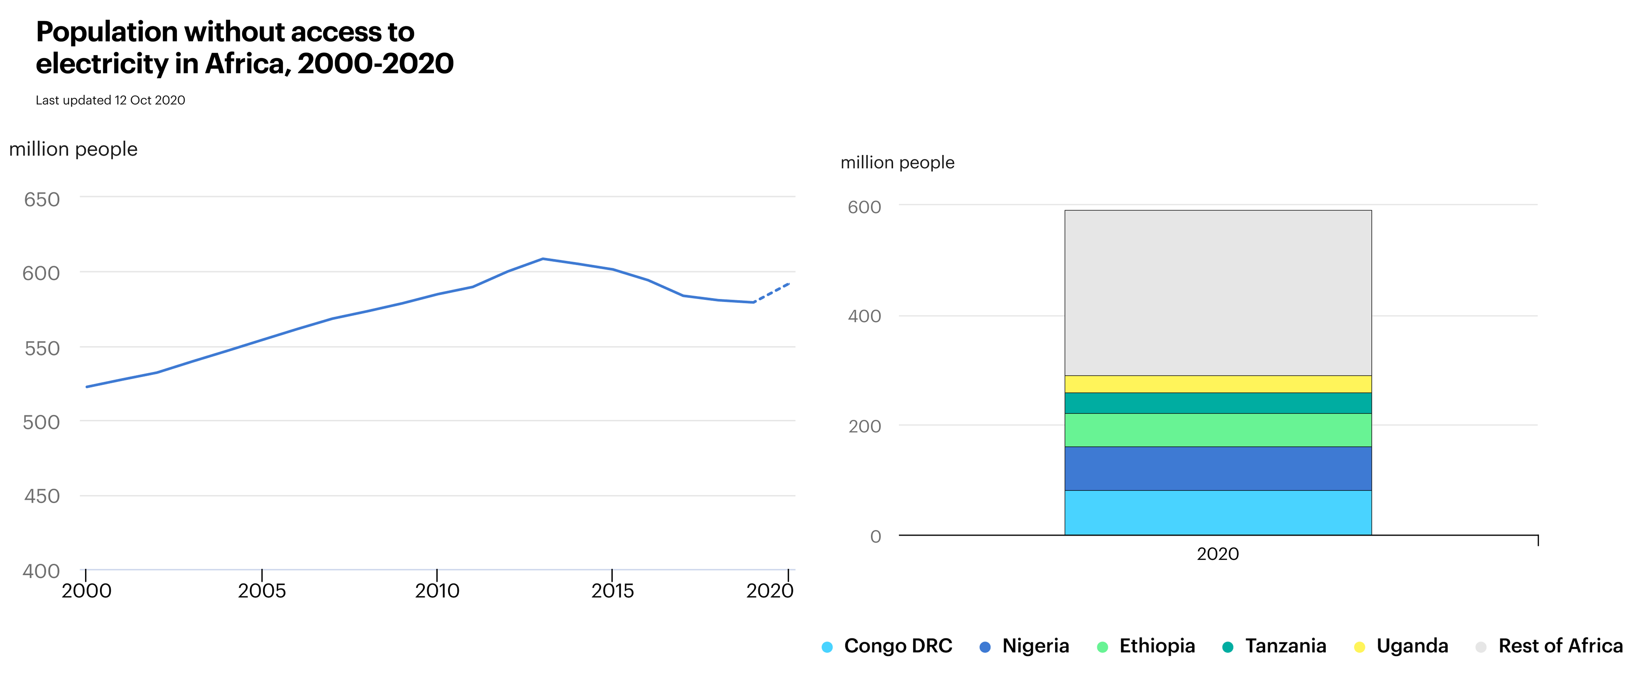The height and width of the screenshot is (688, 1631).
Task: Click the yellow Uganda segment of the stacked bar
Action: pyautogui.click(x=1217, y=384)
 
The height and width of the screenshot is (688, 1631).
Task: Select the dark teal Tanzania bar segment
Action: pyautogui.click(x=1217, y=403)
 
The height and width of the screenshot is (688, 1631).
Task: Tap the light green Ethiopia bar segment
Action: pyautogui.click(x=1217, y=430)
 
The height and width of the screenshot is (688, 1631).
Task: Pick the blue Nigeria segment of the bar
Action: pyautogui.click(x=1217, y=468)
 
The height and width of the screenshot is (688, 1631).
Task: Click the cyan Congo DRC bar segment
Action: pyautogui.click(x=1217, y=513)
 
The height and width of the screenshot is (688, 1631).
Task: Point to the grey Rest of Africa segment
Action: pyautogui.click(x=1217, y=292)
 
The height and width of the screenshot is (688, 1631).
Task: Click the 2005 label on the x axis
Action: pyautogui.click(x=262, y=591)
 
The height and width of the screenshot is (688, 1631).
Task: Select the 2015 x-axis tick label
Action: pyautogui.click(x=612, y=591)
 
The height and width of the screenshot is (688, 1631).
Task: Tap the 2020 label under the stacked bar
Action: pyautogui.click(x=1217, y=554)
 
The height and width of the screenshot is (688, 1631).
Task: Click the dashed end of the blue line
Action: pyautogui.click(x=773, y=292)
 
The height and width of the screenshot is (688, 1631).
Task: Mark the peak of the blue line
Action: pyautogui.click(x=543, y=259)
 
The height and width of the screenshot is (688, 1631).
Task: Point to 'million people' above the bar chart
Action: pyautogui.click(x=897, y=163)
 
